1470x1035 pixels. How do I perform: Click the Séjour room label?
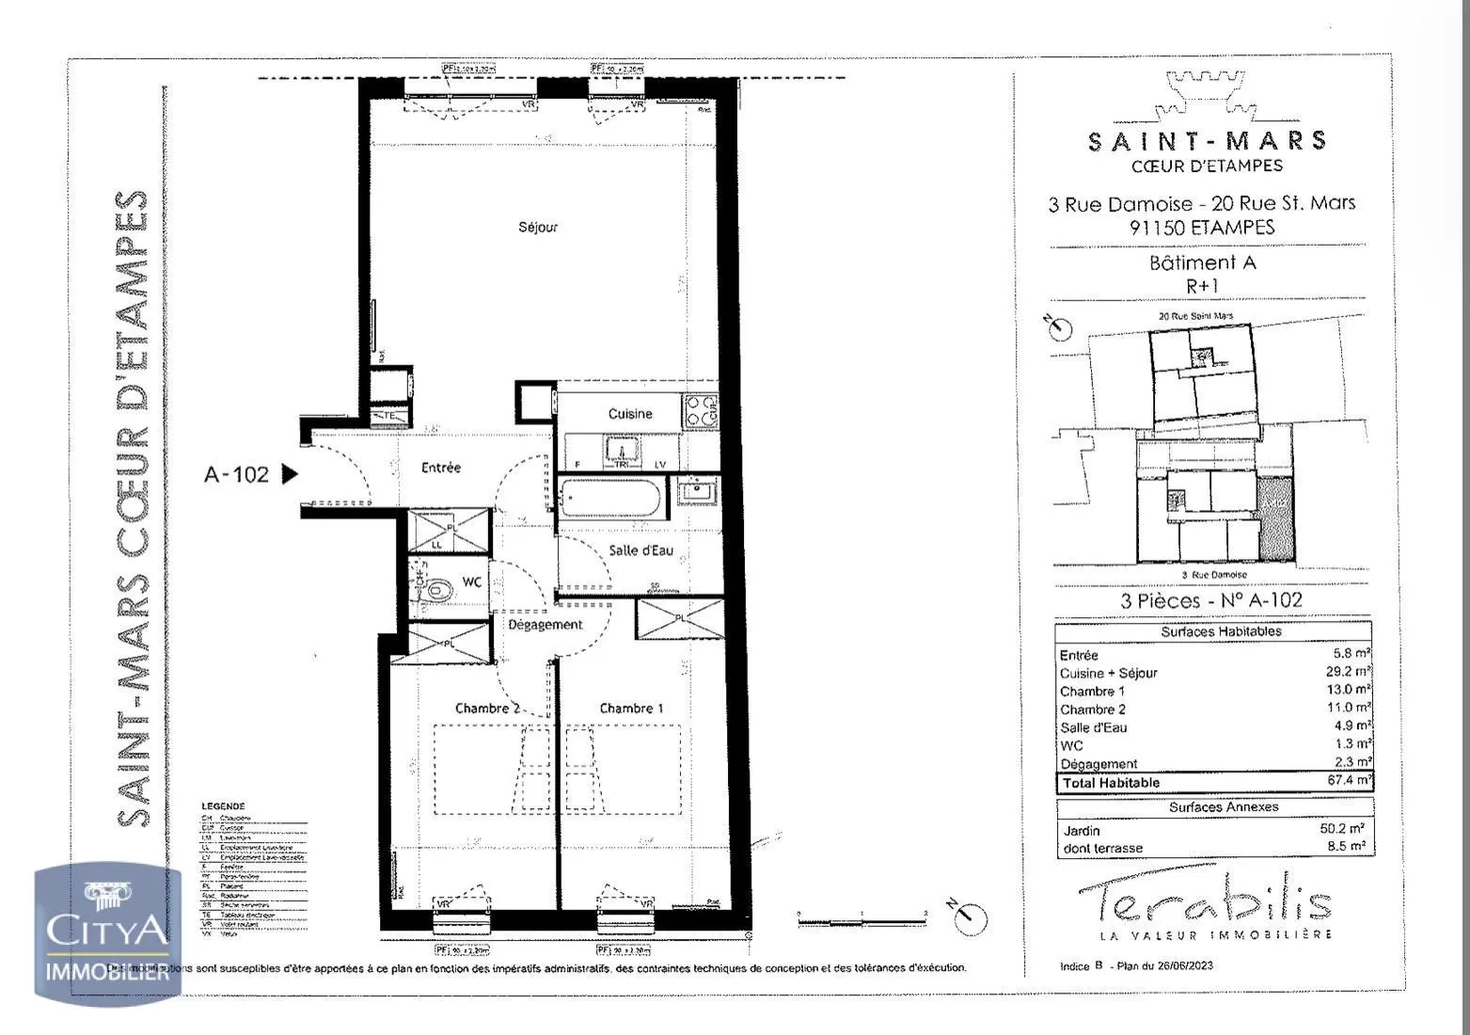click(538, 227)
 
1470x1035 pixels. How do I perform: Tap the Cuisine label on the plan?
click(629, 413)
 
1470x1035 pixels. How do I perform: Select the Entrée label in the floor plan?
click(440, 468)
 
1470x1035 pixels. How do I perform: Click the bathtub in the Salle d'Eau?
click(610, 498)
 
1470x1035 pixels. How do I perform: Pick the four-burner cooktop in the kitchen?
click(702, 410)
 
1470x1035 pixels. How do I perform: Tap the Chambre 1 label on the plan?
click(631, 709)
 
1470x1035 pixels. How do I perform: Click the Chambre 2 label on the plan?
click(487, 709)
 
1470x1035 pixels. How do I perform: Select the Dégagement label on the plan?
click(545, 625)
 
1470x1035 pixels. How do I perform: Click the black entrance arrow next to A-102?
click(290, 473)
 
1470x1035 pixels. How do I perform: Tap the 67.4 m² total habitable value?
click(1348, 781)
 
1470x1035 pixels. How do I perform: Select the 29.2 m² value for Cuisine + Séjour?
click(1348, 672)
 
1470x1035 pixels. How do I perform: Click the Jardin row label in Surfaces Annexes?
click(1081, 831)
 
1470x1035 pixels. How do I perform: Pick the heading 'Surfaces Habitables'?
click(1220, 631)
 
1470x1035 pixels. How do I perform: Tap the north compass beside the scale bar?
click(968, 916)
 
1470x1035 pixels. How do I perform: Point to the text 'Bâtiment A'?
click(1202, 263)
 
